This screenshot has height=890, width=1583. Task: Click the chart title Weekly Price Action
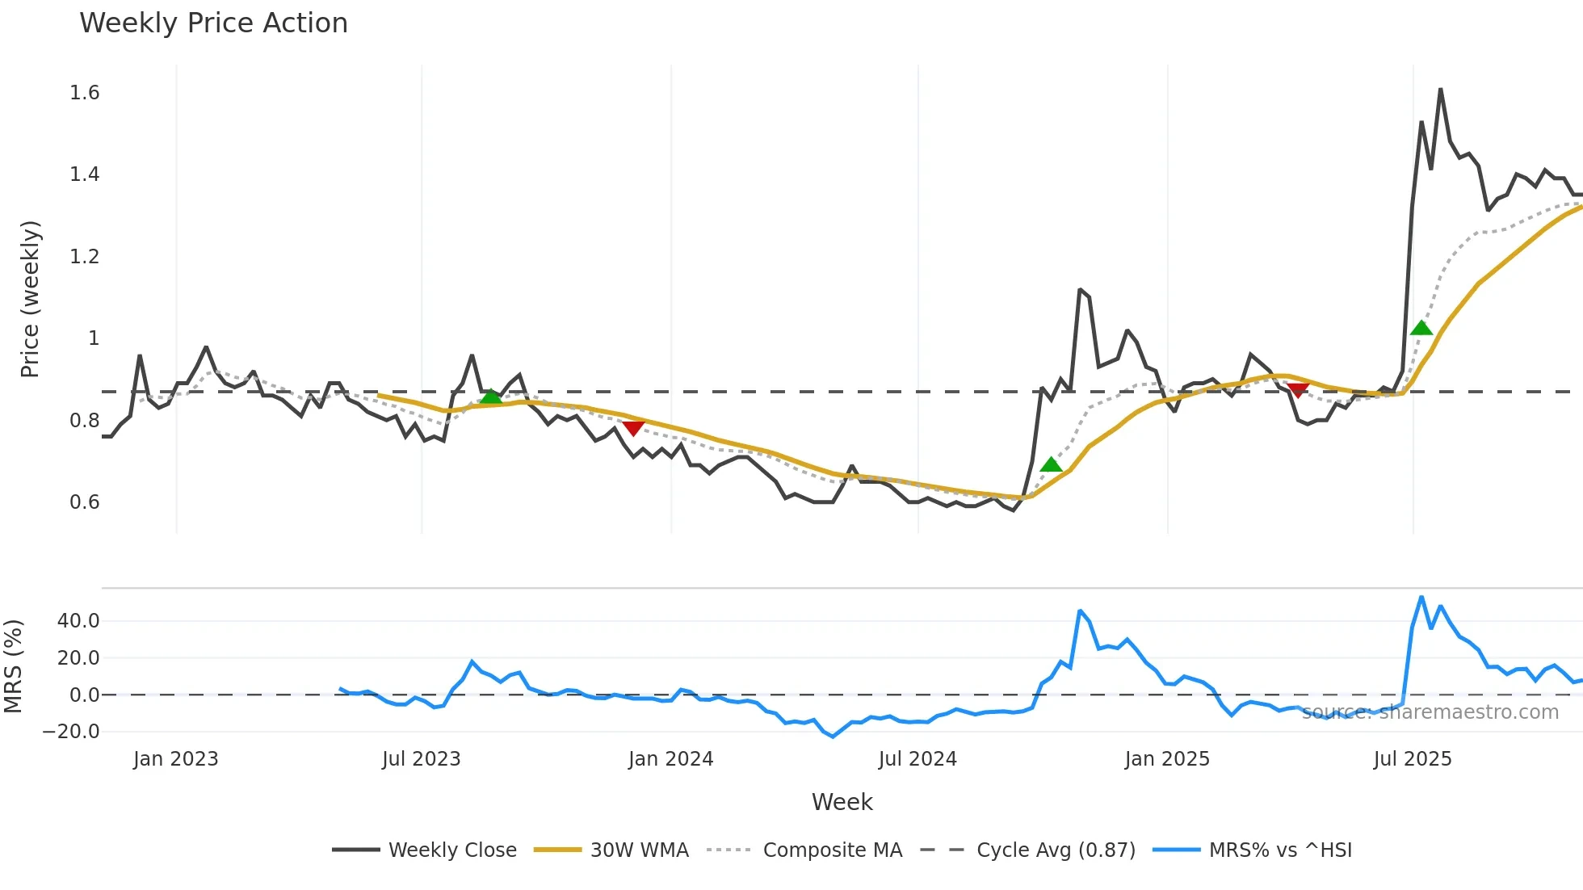[x=213, y=23]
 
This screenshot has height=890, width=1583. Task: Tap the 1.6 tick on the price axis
[x=85, y=93]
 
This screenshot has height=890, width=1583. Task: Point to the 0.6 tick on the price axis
[x=85, y=502]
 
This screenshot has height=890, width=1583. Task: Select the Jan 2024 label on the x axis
[x=670, y=759]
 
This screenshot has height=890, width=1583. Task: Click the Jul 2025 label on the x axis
[x=1413, y=759]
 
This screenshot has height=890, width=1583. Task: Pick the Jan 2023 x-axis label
[x=175, y=759]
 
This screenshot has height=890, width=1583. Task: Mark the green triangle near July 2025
[x=1421, y=328]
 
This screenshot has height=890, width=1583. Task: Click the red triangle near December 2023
[x=633, y=427]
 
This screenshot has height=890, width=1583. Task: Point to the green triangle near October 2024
[x=1051, y=464]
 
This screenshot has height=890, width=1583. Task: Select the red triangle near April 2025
[x=1298, y=391]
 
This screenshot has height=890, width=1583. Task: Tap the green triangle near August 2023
[x=490, y=397]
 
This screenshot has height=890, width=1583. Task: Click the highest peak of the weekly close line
[x=1440, y=90]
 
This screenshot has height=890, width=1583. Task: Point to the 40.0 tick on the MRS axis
[x=78, y=621]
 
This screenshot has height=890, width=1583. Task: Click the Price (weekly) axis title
[x=30, y=299]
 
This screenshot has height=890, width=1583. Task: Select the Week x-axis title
[x=842, y=802]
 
